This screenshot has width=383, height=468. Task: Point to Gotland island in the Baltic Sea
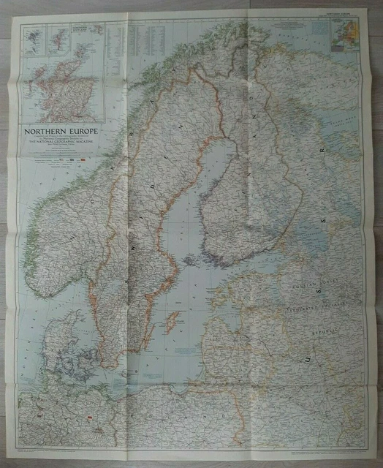pos(173,320)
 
